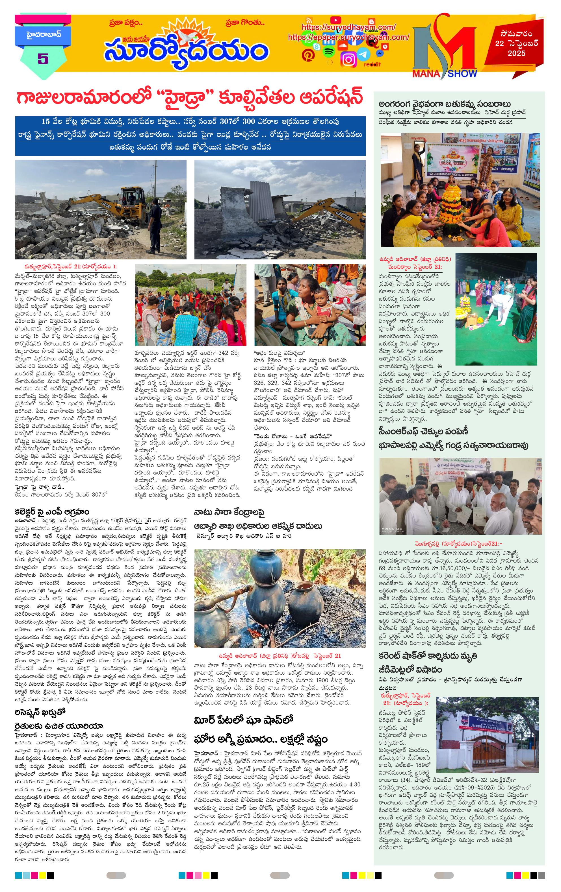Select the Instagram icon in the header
(348, 59)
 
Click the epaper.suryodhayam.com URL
(348, 37)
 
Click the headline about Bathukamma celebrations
(445, 104)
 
